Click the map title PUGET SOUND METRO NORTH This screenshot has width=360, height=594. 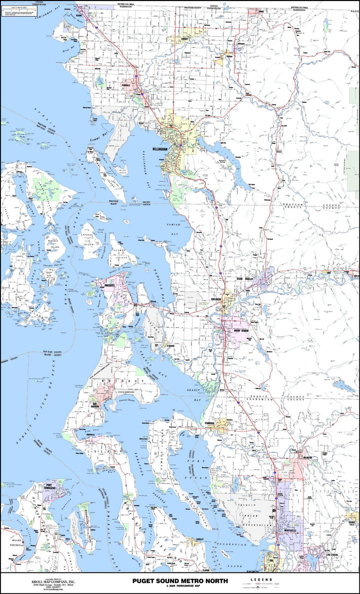point(179,580)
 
